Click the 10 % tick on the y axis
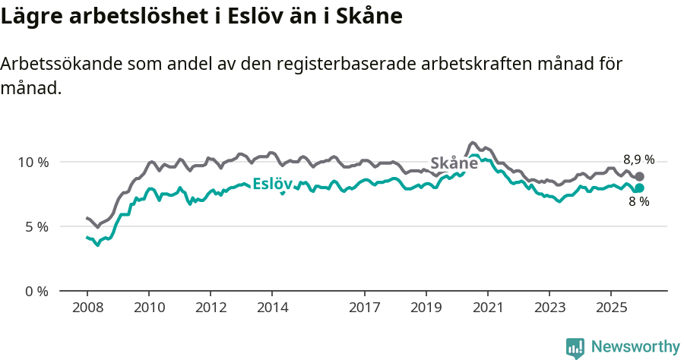pyautogui.click(x=33, y=162)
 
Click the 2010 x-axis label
pyautogui.click(x=149, y=308)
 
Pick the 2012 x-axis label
pyautogui.click(x=211, y=308)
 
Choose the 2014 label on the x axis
pyautogui.click(x=272, y=308)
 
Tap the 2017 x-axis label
pyautogui.click(x=365, y=308)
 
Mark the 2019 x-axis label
pyautogui.click(x=426, y=308)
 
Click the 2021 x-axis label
pyautogui.click(x=488, y=308)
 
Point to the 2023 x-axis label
pyautogui.click(x=549, y=308)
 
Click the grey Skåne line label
pyautogui.click(x=454, y=163)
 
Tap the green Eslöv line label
pyautogui.click(x=273, y=184)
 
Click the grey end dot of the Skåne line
pyautogui.click(x=639, y=176)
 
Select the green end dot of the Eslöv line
pyautogui.click(x=639, y=188)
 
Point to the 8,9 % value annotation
pyautogui.click(x=638, y=159)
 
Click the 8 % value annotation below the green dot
pyautogui.click(x=638, y=202)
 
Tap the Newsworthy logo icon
pyautogui.click(x=575, y=347)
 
